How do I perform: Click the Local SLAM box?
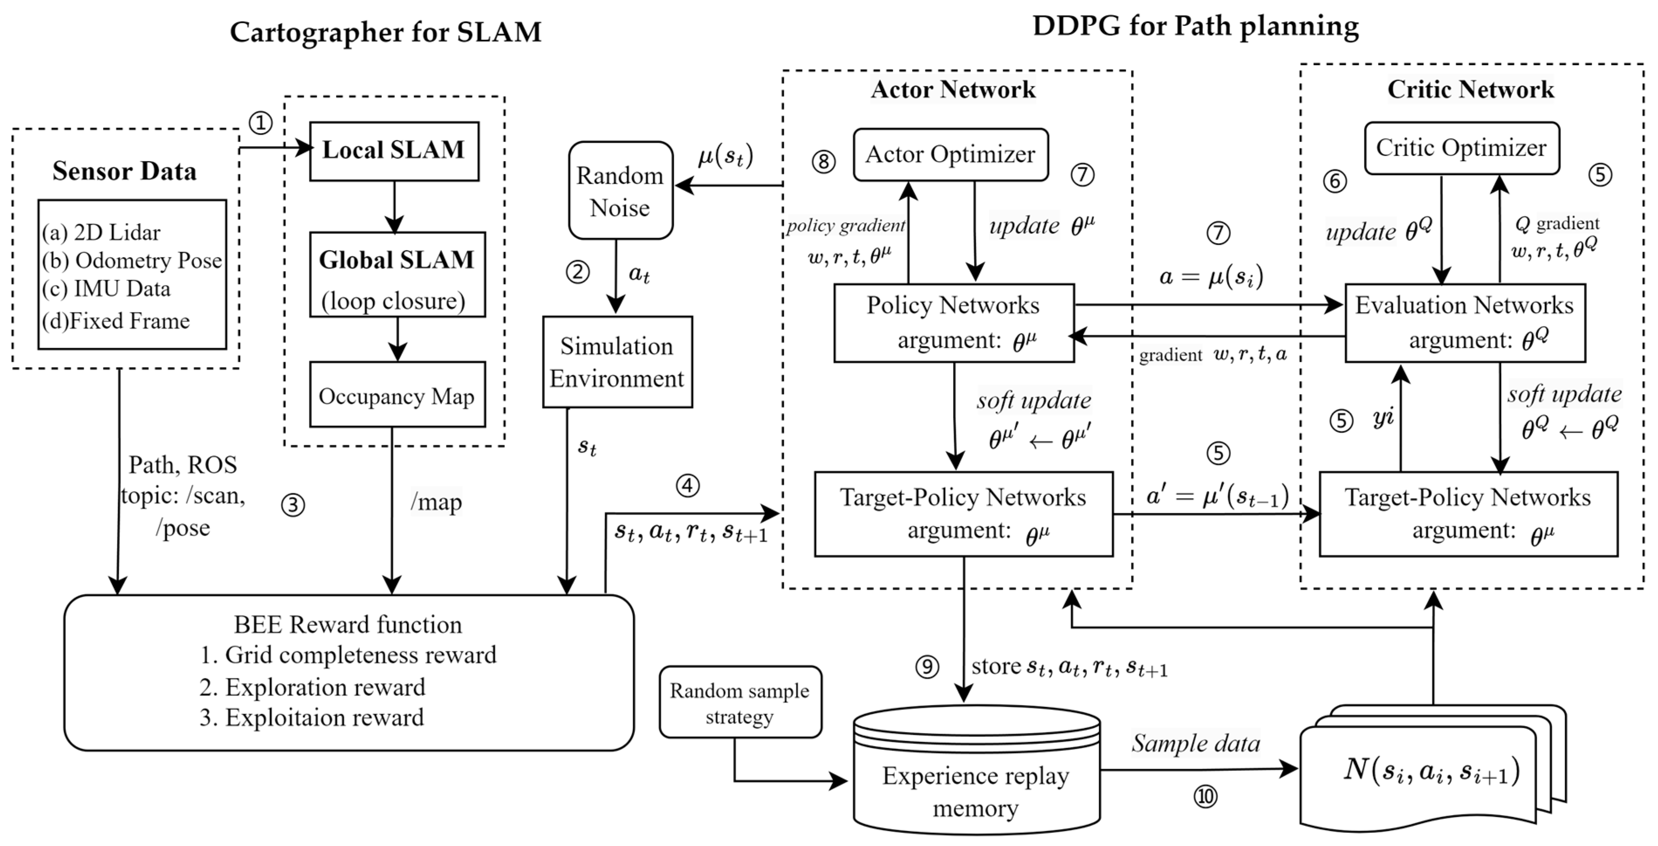point(394,151)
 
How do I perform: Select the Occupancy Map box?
point(397,394)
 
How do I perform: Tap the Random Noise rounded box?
point(620,191)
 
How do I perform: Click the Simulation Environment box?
point(617,362)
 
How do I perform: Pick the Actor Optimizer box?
point(950,155)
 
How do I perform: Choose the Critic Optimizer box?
point(1461,148)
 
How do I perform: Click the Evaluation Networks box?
point(1464,322)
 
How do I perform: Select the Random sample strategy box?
point(740,702)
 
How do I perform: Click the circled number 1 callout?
point(260,122)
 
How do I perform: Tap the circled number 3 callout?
point(293,506)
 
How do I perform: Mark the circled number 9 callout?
point(927,667)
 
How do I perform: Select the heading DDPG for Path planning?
point(1195,26)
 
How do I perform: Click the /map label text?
point(436,502)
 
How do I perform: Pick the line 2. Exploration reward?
point(312,687)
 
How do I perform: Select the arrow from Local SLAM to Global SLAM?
point(394,206)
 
